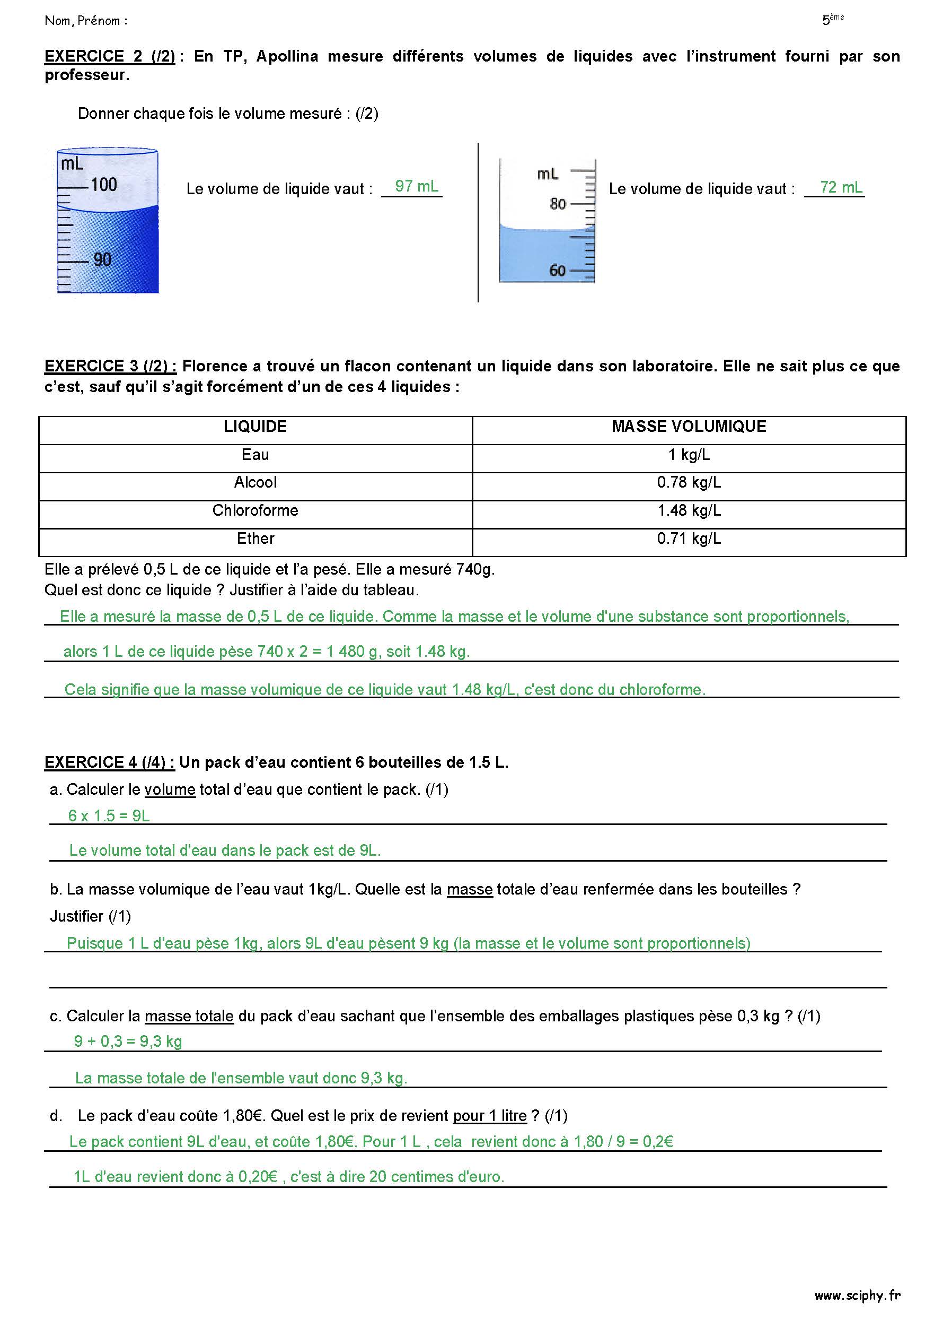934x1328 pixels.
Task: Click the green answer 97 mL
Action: tap(416, 186)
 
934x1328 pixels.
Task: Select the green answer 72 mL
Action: tap(840, 187)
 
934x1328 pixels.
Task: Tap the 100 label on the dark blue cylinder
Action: tap(104, 185)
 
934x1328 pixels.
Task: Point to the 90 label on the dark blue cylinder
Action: tap(102, 259)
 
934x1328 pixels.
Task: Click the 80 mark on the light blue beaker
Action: tap(557, 204)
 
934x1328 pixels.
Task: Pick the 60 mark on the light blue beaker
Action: tap(557, 270)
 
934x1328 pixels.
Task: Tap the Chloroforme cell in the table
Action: tap(255, 510)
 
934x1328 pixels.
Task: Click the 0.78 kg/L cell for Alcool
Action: tap(689, 482)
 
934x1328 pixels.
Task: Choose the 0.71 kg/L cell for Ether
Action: tap(689, 539)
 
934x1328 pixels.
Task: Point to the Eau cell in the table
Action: tap(255, 455)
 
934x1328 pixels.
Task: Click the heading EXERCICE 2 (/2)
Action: tap(110, 56)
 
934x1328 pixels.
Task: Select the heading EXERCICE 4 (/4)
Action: tap(109, 762)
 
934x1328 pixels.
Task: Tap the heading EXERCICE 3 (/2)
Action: tap(110, 366)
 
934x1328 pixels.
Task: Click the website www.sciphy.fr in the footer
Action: tap(857, 1296)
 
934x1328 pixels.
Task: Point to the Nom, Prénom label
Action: tap(85, 21)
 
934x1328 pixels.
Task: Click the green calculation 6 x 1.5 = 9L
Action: tap(109, 815)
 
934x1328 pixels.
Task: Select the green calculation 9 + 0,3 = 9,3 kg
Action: tap(128, 1041)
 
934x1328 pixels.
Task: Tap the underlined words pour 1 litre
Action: tap(490, 1116)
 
